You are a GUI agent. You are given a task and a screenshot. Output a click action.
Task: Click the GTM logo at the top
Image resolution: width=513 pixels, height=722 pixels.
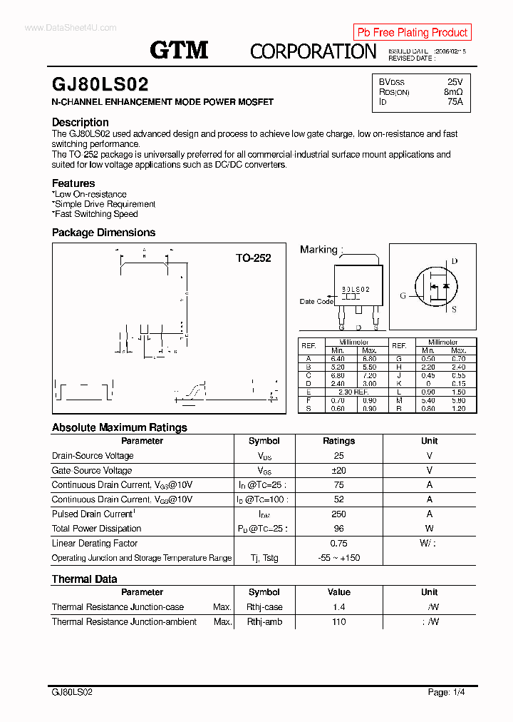(179, 49)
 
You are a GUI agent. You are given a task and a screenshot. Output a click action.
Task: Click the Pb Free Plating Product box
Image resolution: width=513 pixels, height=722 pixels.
(413, 32)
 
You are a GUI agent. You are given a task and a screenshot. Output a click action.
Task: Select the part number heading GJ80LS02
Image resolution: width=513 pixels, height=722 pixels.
(100, 85)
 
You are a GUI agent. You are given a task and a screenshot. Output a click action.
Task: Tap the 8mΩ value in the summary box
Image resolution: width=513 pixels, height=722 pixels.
(453, 92)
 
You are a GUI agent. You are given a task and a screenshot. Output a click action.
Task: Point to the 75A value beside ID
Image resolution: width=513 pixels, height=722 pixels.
(455, 102)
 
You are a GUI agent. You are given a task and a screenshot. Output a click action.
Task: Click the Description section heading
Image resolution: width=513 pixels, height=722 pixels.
(81, 122)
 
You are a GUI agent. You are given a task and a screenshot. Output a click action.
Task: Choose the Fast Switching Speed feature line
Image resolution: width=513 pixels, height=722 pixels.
(95, 214)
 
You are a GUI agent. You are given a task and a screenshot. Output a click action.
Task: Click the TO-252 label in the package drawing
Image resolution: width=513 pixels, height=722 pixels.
(254, 258)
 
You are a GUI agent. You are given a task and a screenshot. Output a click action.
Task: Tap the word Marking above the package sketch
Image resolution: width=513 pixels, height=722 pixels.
(318, 250)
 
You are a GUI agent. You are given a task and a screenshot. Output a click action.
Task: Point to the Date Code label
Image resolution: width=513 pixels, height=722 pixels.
(316, 301)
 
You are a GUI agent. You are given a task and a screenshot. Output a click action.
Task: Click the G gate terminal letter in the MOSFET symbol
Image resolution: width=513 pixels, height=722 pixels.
(403, 295)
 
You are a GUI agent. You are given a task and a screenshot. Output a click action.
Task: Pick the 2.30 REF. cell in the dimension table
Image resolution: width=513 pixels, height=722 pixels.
(353, 392)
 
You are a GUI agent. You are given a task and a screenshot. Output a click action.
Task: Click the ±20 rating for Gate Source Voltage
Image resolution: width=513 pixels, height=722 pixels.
(338, 470)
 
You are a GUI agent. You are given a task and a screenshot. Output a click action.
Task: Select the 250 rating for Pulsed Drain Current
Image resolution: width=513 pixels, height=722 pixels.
(338, 514)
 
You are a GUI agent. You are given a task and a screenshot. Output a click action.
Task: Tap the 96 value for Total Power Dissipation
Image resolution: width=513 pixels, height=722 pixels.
(338, 529)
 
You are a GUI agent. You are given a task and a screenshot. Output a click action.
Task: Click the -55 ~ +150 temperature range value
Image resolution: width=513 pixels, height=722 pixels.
(338, 558)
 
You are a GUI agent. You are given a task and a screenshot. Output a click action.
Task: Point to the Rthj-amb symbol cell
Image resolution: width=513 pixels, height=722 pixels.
(264, 622)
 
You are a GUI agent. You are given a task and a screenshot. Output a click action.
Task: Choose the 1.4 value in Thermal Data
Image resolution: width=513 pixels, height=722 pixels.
(338, 607)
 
